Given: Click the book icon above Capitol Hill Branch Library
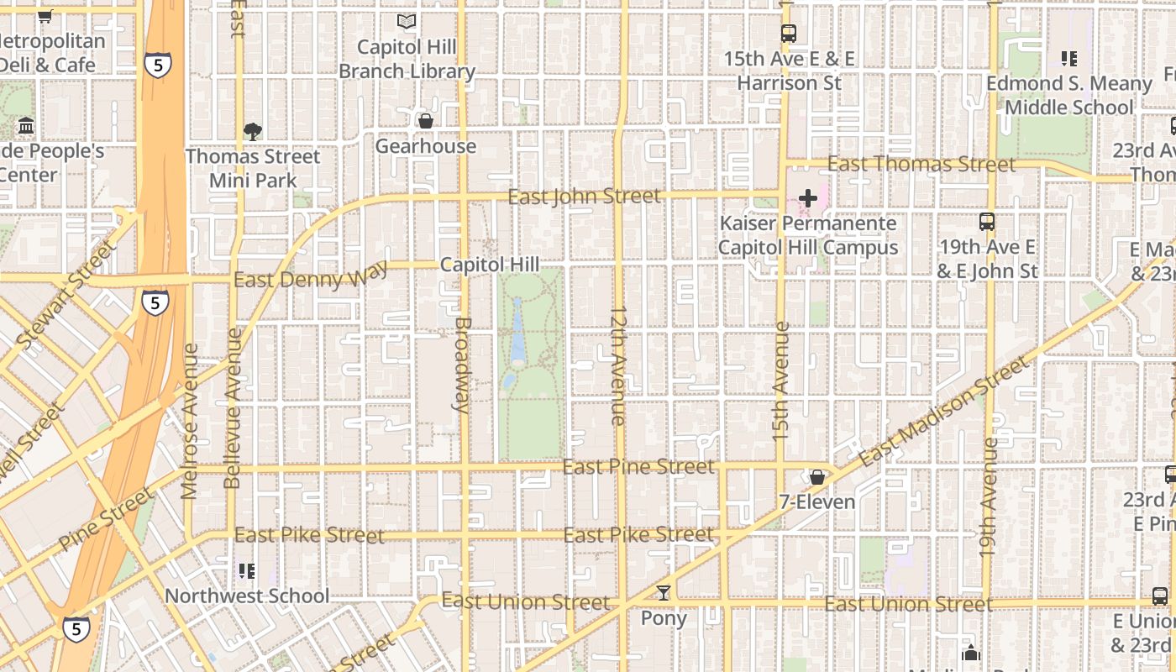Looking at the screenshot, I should click(x=407, y=21).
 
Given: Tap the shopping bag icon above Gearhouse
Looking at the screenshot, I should click(x=426, y=121).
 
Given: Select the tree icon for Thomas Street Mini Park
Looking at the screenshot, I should click(x=252, y=131).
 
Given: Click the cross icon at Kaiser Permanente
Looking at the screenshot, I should click(x=808, y=198).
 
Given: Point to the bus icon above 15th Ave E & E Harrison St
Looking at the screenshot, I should click(x=788, y=34).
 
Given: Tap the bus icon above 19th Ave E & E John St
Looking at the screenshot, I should click(x=987, y=222).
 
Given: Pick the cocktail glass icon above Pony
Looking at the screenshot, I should click(x=664, y=593).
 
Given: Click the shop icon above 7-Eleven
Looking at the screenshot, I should click(x=816, y=477).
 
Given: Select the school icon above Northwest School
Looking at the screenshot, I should click(x=247, y=571).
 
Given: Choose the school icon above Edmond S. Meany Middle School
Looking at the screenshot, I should click(x=1068, y=59).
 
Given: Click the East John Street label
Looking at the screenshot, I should click(x=585, y=197).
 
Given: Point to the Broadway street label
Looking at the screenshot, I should click(x=461, y=365).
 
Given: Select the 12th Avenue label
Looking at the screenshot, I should click(x=619, y=365).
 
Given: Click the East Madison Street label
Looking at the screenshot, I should click(x=942, y=410).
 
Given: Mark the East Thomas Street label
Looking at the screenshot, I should click(x=921, y=164).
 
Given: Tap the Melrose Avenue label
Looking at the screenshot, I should click(x=190, y=420).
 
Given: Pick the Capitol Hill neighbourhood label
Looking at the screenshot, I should click(x=490, y=265).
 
